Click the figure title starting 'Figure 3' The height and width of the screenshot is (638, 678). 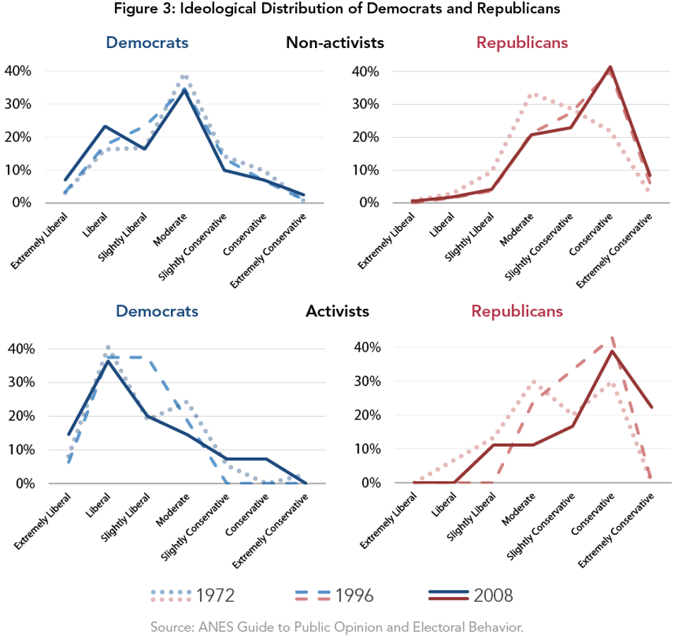coord(339,9)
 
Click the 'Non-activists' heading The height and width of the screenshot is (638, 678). coord(335,43)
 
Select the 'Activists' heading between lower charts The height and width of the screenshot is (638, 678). coord(338,311)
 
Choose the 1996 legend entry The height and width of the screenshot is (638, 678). coord(332,596)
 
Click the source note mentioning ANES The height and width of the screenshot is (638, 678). coord(336,627)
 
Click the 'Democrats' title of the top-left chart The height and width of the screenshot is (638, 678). coord(147,43)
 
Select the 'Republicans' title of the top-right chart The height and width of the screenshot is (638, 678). coord(522,43)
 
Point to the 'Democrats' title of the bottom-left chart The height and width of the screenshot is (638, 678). coord(157,311)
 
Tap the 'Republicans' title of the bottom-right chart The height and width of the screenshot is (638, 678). coord(517,311)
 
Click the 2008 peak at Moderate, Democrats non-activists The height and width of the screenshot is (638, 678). coord(184,90)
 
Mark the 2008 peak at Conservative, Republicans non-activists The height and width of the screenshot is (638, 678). coord(610,67)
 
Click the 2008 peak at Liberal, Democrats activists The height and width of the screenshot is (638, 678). coord(107,361)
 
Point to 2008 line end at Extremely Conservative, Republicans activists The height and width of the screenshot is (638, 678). coord(650,408)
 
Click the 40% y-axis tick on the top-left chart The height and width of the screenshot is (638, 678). coord(17,71)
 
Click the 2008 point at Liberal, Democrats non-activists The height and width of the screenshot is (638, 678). coord(105,126)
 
